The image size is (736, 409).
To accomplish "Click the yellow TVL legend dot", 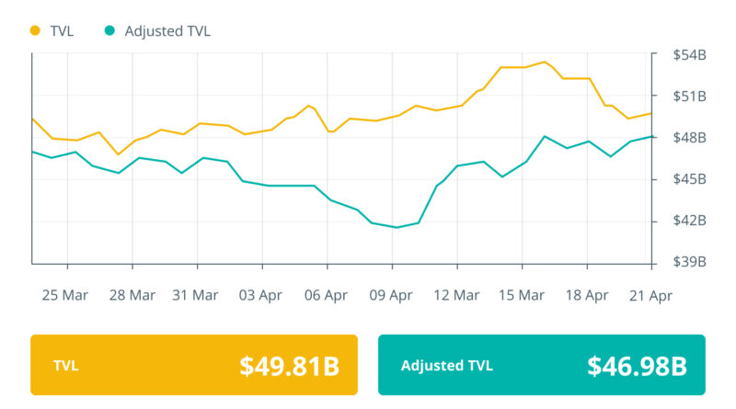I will coord(36,30).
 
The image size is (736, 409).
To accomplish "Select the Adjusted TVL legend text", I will coord(167,30).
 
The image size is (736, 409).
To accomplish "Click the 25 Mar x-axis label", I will coord(64,295).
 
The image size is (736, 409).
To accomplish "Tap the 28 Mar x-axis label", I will coord(131,295).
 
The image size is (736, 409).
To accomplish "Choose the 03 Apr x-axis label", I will coord(260,295).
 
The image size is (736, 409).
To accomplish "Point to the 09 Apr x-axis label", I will coord(391,295).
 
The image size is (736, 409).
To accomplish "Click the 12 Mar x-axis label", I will coord(455,295).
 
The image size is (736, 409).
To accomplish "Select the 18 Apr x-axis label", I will coord(586,295).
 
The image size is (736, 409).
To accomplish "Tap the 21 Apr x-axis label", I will coord(650,295).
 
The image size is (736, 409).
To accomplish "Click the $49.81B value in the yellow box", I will coord(289,366).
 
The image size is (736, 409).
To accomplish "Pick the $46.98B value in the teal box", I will coord(637,366).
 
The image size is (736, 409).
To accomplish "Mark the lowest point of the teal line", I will coord(396,227).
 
